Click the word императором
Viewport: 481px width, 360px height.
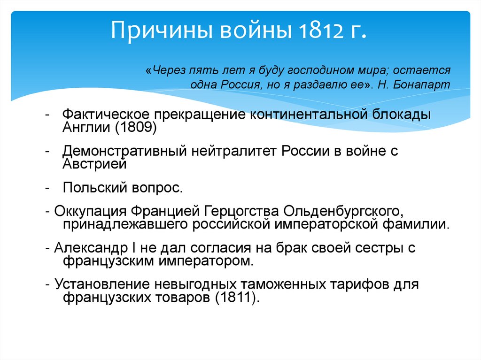click(214, 260)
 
